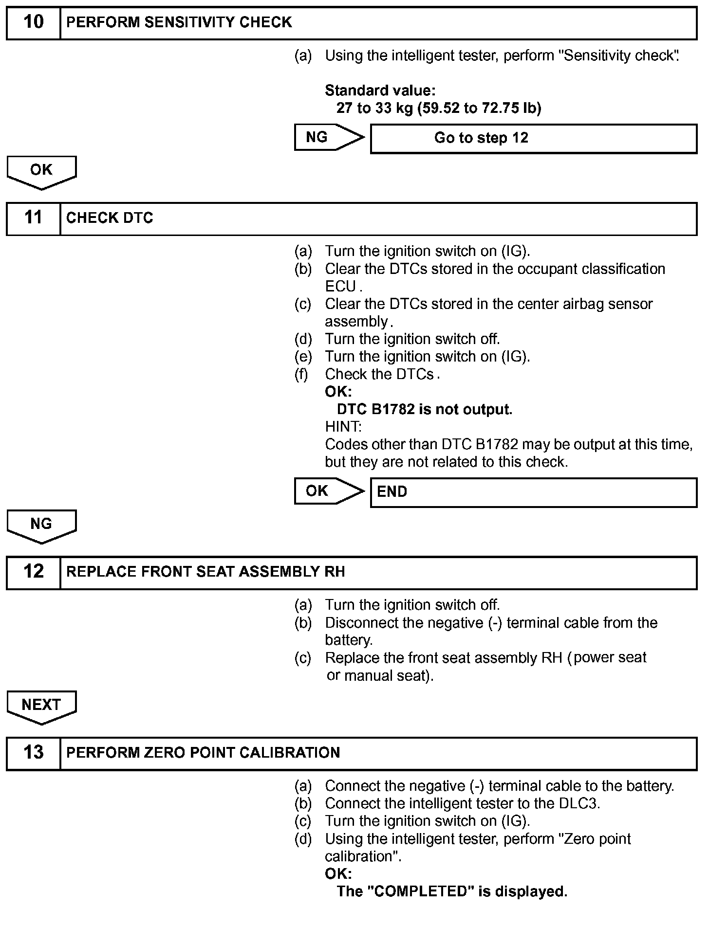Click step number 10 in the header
pyautogui.click(x=33, y=22)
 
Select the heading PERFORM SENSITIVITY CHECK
pyautogui.click(x=179, y=22)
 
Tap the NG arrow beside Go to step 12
pyautogui.click(x=329, y=138)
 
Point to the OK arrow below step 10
pyautogui.click(x=41, y=171)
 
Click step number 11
pyautogui.click(x=33, y=218)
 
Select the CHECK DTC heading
pyautogui.click(x=110, y=218)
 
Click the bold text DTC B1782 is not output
pyautogui.click(x=424, y=410)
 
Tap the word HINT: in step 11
pyautogui.click(x=343, y=427)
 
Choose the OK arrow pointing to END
pyautogui.click(x=329, y=491)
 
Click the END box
pyautogui.click(x=533, y=492)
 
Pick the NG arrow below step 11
pyautogui.click(x=41, y=525)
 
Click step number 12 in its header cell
pyautogui.click(x=33, y=572)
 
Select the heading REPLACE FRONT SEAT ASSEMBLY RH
pyautogui.click(x=205, y=572)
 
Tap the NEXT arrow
pyautogui.click(x=41, y=706)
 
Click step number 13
pyautogui.click(x=33, y=753)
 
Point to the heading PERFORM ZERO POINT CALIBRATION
pyautogui.click(x=203, y=753)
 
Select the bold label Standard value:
pyautogui.click(x=380, y=91)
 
